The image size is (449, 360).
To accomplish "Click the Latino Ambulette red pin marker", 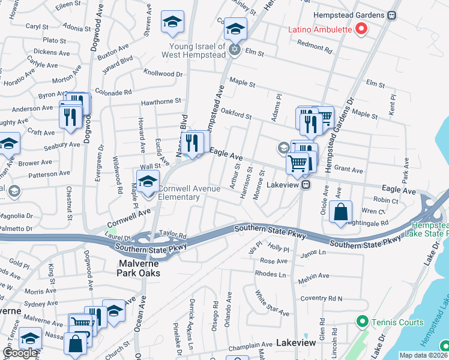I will (361, 28).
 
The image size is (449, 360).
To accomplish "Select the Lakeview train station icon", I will (306, 185).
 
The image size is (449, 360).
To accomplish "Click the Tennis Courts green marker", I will (361, 322).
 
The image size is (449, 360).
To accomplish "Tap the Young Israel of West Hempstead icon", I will (235, 50).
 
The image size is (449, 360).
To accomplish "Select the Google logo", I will (20, 353).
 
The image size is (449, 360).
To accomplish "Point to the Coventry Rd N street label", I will (322, 298).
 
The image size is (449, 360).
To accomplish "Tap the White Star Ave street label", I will (271, 304).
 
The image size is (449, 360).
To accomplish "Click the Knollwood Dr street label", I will (163, 74).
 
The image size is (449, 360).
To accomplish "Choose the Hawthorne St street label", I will (161, 103).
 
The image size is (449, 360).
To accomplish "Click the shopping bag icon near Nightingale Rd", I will (340, 212).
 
